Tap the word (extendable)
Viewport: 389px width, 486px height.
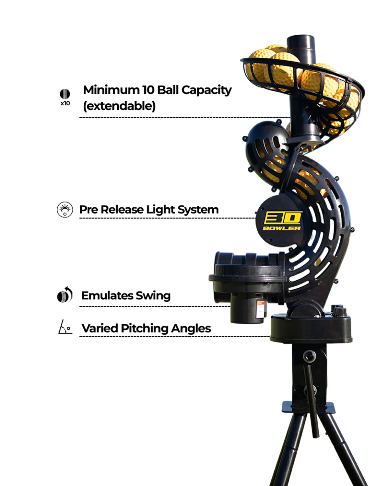119,106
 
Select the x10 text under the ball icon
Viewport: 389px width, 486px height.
65,103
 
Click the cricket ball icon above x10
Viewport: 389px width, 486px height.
65,94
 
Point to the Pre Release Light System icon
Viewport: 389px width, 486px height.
65,210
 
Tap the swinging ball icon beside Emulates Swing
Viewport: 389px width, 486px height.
65,295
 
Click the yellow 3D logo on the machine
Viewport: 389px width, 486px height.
283,218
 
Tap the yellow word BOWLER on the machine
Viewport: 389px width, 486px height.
282,228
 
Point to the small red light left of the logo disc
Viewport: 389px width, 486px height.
256,213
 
